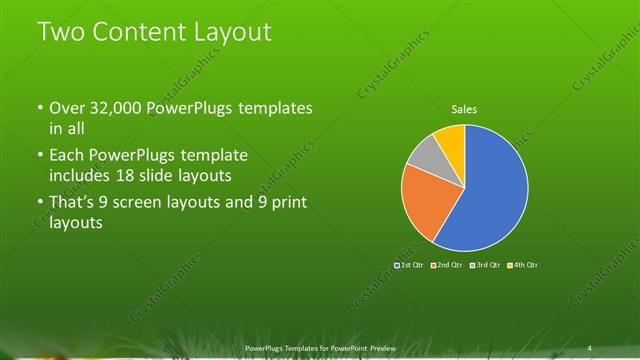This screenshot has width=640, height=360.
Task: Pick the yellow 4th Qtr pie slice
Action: point(452,139)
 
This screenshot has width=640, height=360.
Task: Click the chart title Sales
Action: point(464,108)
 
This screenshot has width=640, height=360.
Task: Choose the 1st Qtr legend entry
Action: point(411,264)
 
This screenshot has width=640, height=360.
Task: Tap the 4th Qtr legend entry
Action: point(524,264)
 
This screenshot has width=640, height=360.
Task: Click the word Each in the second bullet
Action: point(67,156)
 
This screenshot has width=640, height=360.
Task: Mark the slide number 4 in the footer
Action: point(590,348)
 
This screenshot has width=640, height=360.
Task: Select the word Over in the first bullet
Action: point(67,108)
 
